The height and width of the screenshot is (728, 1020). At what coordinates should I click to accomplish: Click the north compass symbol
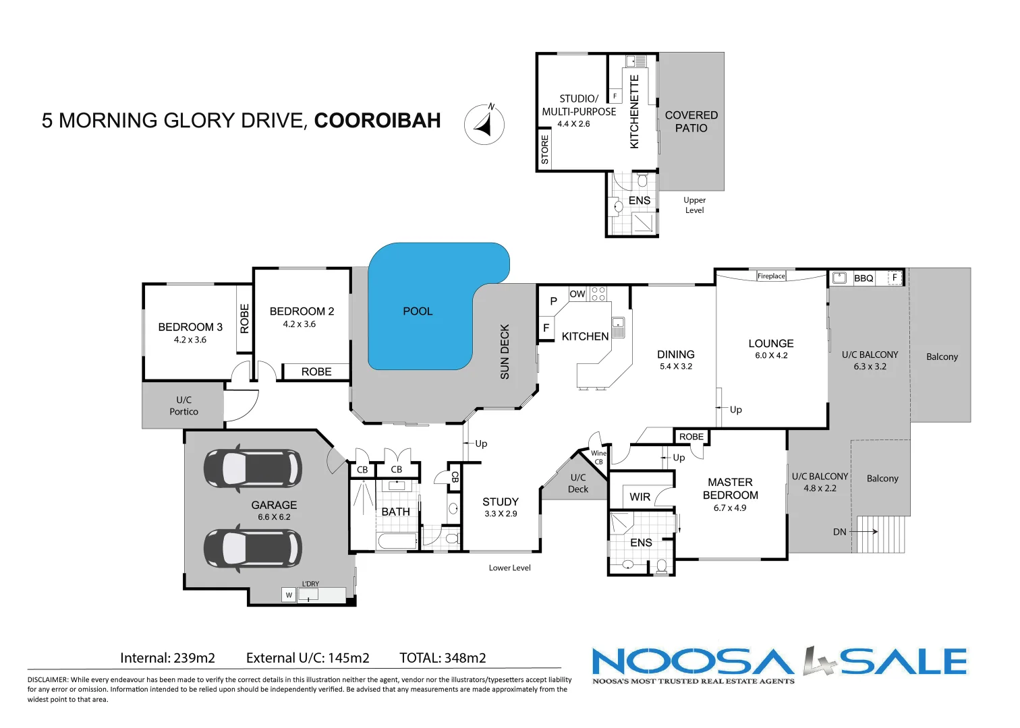pos(484,125)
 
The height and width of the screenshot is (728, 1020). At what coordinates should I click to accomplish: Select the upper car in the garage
pos(253,467)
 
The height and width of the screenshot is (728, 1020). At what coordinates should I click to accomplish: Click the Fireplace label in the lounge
pos(771,276)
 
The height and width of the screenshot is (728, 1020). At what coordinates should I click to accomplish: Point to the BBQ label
pos(863,278)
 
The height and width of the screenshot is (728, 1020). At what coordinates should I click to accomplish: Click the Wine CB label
pos(598,457)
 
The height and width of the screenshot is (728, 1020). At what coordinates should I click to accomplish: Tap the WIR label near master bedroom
pos(640,497)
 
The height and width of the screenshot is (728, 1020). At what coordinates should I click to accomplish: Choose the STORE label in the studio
pos(545,150)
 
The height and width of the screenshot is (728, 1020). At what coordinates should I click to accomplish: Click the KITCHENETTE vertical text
pos(634,111)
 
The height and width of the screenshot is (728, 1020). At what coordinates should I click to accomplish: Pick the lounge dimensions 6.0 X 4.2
pos(771,355)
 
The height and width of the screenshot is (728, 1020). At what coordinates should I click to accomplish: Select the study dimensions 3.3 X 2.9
pos(501,514)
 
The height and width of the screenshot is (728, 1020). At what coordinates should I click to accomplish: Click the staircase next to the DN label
pos(880,535)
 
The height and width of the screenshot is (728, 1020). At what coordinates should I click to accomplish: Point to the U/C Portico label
pos(183,406)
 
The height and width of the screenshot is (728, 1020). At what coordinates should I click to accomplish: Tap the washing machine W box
pos(289,595)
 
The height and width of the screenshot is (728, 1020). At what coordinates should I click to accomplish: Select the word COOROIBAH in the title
pos(377,121)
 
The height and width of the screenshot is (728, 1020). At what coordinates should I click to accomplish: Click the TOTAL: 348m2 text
pos(443,658)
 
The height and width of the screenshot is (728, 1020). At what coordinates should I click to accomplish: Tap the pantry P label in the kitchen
pos(553,301)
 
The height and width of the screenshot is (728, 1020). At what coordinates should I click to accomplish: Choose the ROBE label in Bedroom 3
pos(244,318)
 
